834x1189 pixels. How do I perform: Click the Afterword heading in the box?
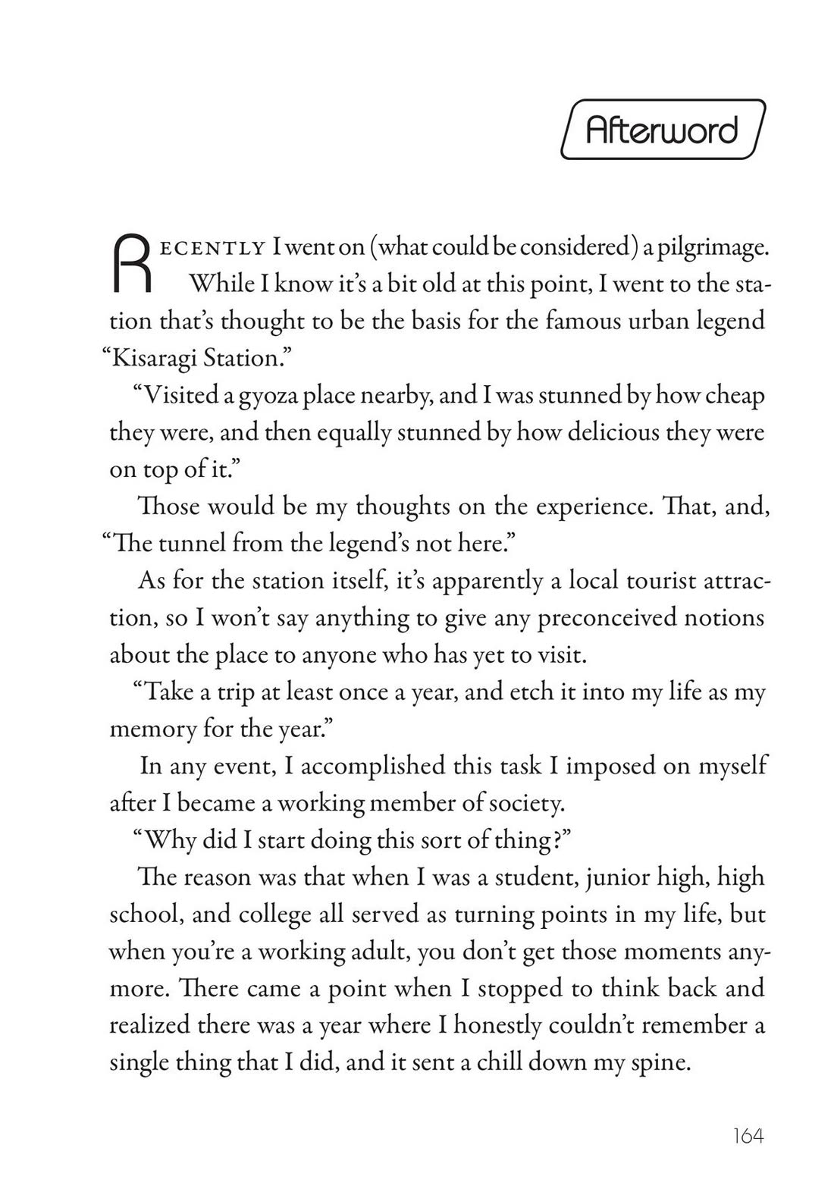(x=662, y=130)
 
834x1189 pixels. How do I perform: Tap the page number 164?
(x=748, y=1137)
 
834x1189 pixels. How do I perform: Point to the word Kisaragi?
(x=152, y=358)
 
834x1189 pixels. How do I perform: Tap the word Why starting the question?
(x=168, y=840)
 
